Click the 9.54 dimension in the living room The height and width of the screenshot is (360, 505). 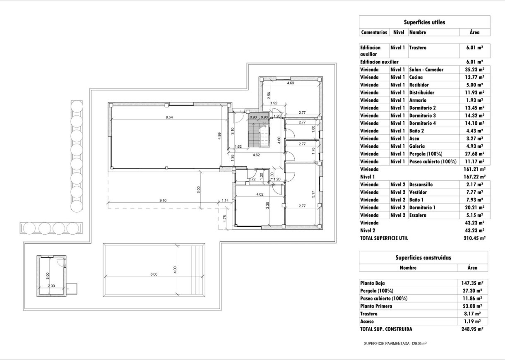[169, 118]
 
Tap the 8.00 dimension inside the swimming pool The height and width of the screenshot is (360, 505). [154, 274]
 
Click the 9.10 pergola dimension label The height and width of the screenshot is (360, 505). [163, 201]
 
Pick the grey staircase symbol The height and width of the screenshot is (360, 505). [259, 131]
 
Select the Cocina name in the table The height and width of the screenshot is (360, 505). [416, 77]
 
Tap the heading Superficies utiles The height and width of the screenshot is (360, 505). [424, 22]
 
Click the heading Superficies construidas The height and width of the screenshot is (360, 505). [423, 257]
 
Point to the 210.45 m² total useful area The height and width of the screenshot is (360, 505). [474, 238]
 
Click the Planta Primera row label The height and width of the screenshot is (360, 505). [376, 306]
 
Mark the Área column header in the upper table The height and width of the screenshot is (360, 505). [475, 32]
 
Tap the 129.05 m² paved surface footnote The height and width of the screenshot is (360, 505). [395, 343]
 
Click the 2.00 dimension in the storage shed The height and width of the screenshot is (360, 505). [51, 286]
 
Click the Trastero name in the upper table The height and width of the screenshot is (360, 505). [418, 48]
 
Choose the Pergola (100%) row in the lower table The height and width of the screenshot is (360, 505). [377, 291]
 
